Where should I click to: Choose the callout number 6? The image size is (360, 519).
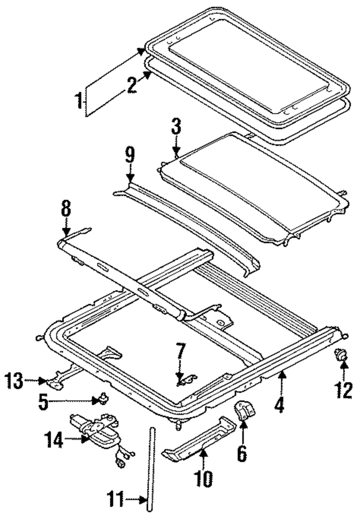click(242, 453)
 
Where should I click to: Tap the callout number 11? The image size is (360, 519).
click(116, 499)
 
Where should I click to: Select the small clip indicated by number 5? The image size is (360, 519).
click(102, 400)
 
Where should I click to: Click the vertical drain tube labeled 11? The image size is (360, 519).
click(151, 467)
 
